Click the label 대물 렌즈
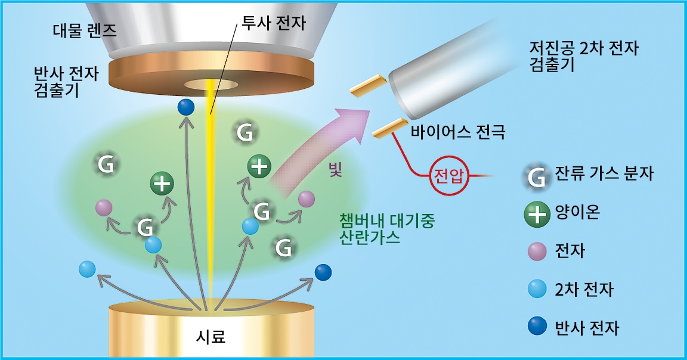click(x=85, y=30)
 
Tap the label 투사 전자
click(x=274, y=23)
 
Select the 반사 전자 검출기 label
click(x=66, y=82)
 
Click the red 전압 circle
click(x=448, y=176)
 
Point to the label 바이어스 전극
click(x=458, y=131)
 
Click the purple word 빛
click(x=335, y=169)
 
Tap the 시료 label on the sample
click(x=211, y=336)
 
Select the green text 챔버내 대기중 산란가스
click(x=387, y=229)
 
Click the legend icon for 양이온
click(x=537, y=214)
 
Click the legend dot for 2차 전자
click(x=537, y=289)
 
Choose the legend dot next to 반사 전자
click(x=537, y=326)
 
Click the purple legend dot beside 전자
click(x=537, y=252)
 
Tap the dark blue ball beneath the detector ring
click(x=186, y=107)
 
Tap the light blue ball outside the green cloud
click(x=87, y=269)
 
